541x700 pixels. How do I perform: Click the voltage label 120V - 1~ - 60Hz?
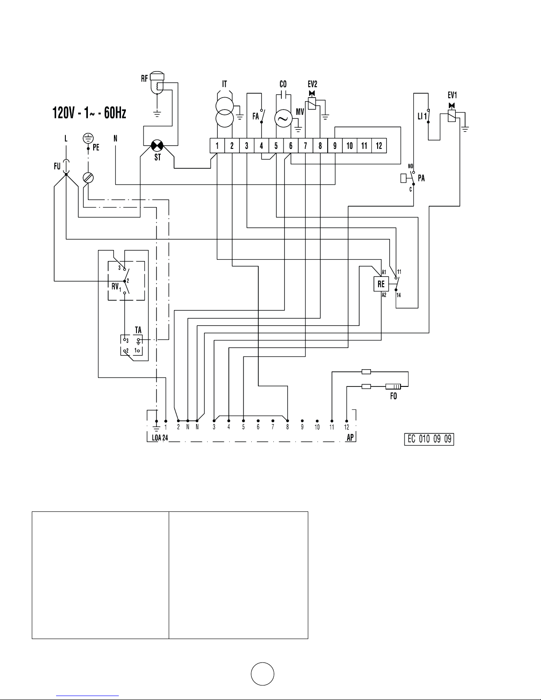[x=89, y=113]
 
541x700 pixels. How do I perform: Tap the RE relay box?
[x=381, y=284]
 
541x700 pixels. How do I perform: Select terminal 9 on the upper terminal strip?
[x=335, y=146]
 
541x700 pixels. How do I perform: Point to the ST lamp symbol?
[x=157, y=146]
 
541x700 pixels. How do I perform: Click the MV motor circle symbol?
[x=284, y=118]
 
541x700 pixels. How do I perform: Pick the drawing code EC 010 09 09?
[x=429, y=439]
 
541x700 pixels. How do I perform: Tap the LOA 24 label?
[x=160, y=438]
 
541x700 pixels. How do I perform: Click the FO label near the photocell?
[x=393, y=396]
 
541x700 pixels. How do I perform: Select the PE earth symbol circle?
[x=88, y=138]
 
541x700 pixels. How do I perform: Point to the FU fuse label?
[x=57, y=166]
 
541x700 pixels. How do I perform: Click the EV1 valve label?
[x=452, y=95]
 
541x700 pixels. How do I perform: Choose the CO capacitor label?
[x=283, y=84]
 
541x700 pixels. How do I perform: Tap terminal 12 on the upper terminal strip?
[x=379, y=146]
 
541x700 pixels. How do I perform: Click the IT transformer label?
[x=224, y=84]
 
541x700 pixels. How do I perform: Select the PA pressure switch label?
[x=421, y=178]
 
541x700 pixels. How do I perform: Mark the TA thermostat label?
[x=138, y=330]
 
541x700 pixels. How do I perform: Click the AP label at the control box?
[x=350, y=438]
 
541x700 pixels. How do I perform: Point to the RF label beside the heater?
[x=144, y=78]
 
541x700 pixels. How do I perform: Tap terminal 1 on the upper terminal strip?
[x=217, y=146]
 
